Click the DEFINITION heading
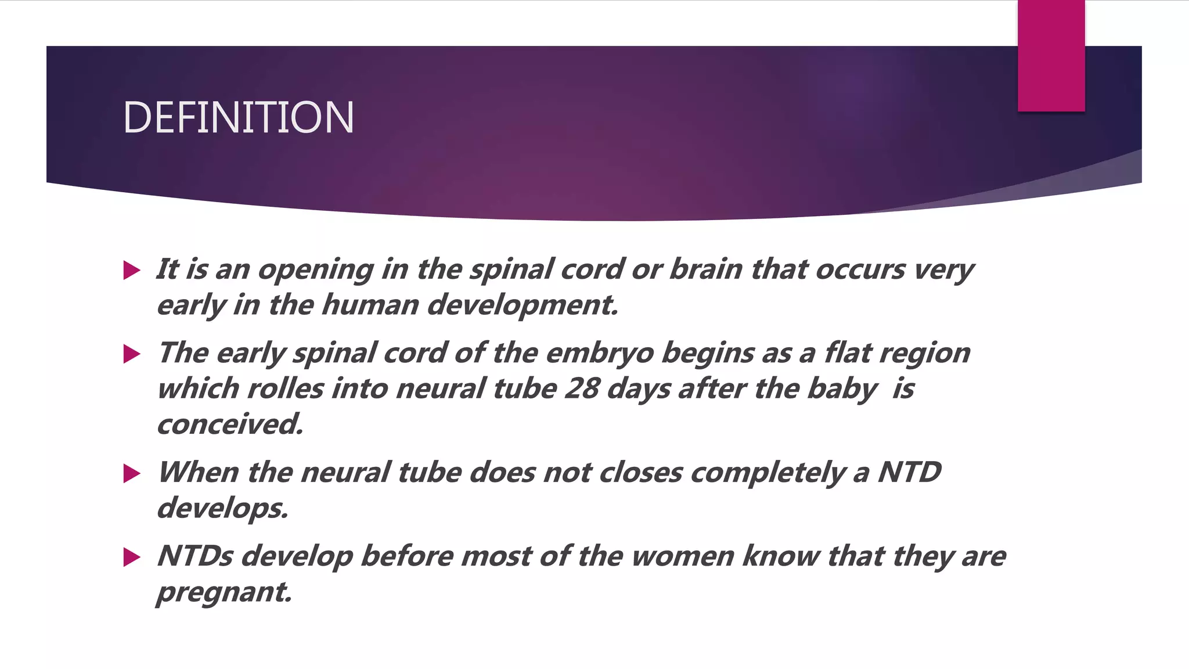coord(238,117)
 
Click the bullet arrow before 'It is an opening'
coord(132,270)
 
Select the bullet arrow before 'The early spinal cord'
coord(132,354)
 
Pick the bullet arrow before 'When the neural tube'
coord(132,473)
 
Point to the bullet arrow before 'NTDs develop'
coord(132,557)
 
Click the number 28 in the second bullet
coord(582,388)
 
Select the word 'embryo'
coord(600,353)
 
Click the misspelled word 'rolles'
coord(285,388)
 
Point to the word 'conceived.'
coord(230,424)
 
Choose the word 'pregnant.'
coord(224,592)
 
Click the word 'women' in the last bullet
coord(682,556)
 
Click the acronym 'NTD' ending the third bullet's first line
coord(909,472)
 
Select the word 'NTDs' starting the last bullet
coord(195,556)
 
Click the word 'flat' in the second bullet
coord(848,353)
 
